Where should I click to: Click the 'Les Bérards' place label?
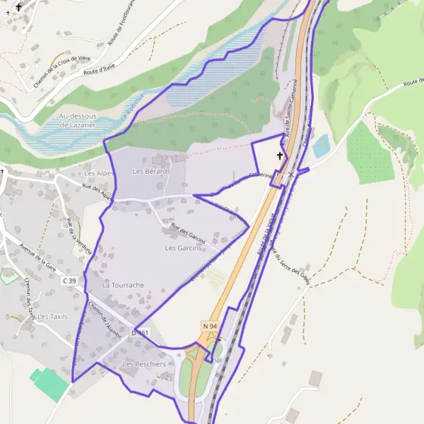[x=151, y=172]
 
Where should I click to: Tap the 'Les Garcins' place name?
[x=184, y=248]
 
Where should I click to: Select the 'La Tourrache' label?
[x=123, y=285]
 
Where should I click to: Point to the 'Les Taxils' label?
[x=53, y=317]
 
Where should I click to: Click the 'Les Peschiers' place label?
[x=144, y=364]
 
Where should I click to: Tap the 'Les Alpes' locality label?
[x=98, y=173]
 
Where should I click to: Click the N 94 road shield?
[x=209, y=326]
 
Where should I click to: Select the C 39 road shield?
[x=69, y=281]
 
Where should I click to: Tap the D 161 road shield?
[x=142, y=332]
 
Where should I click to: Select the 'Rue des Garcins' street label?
[x=188, y=233]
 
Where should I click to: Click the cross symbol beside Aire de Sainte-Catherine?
[x=279, y=155]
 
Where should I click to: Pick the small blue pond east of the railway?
[x=322, y=146]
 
